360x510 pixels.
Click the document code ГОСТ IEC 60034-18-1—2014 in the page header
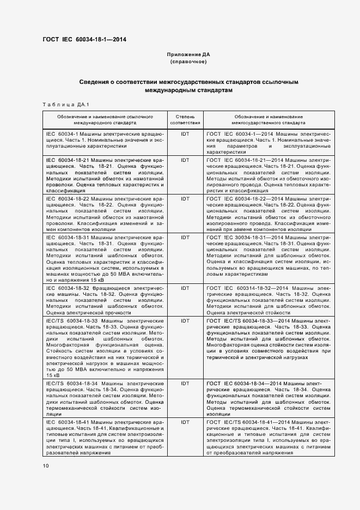pos(84,40)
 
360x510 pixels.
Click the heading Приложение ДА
pos(188,55)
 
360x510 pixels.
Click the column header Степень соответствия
pos(185,120)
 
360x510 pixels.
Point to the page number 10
pos(45,466)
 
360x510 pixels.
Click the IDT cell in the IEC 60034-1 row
pos(185,133)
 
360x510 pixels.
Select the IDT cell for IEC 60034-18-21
pos(185,160)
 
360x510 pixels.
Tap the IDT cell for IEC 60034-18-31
pos(185,238)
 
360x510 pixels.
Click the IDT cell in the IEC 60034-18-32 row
pos(185,288)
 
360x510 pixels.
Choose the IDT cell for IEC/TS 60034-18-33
pos(185,321)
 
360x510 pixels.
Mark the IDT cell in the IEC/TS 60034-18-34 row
pos(185,384)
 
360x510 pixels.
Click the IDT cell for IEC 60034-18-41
pos(185,422)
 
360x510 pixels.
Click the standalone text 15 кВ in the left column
pos(53,376)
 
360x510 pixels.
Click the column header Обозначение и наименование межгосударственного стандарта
pos(269,120)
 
